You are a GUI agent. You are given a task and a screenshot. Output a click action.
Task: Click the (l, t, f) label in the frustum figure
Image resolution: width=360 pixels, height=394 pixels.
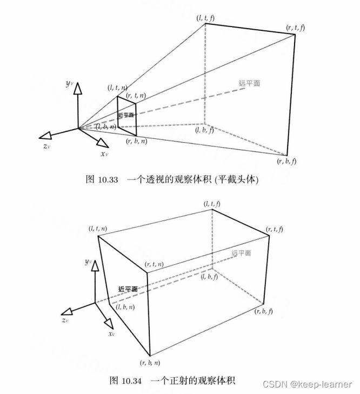pos(206,18)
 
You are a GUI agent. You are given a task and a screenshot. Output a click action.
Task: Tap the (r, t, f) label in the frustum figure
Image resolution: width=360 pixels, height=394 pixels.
pos(296,27)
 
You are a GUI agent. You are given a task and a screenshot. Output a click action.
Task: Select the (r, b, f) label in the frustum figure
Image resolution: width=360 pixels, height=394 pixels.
pos(287,162)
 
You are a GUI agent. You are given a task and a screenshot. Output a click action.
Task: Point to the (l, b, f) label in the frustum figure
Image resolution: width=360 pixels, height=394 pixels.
pos(204,130)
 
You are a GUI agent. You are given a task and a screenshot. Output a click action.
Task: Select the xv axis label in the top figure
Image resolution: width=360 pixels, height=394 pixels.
pos(104,154)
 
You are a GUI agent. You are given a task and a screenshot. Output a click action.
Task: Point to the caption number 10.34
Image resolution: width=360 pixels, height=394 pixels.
pos(130,381)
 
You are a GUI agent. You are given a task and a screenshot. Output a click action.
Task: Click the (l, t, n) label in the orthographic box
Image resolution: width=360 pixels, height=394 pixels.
pos(97,229)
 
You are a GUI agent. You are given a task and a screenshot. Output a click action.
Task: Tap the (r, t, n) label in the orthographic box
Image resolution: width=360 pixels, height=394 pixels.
pos(155,264)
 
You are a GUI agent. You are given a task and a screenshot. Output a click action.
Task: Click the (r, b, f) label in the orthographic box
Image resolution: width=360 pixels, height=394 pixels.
pos(264,311)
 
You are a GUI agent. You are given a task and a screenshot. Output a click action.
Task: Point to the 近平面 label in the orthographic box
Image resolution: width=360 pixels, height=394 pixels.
pos(127,289)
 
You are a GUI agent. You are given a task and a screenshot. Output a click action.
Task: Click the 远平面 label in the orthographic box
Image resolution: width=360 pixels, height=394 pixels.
pos(241,253)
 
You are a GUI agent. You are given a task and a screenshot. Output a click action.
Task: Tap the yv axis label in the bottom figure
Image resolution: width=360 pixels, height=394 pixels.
pos(88,262)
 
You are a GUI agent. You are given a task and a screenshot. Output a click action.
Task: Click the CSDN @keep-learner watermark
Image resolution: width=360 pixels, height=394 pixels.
pos(306,383)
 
